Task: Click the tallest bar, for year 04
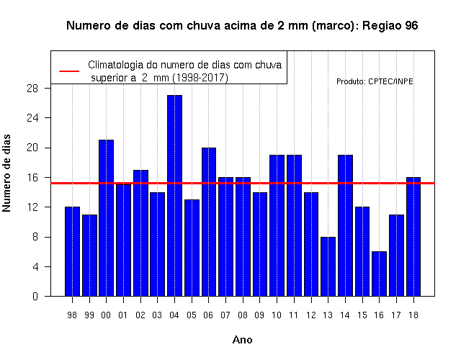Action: click(174, 195)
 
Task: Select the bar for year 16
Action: click(380, 274)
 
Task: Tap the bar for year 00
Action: click(106, 217)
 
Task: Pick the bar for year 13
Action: click(328, 266)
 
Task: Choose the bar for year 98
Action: click(72, 251)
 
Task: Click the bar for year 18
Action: click(413, 237)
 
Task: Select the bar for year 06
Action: click(209, 222)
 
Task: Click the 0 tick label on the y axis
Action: click(35, 296)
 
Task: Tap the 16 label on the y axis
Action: click(32, 178)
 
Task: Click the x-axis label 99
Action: click(89, 315)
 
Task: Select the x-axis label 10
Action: click(277, 315)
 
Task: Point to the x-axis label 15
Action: click(362, 315)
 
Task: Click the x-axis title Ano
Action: click(243, 340)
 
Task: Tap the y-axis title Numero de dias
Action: click(6, 173)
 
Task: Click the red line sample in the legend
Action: click(69, 71)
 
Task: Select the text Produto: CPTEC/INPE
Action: click(375, 81)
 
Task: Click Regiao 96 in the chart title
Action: click(390, 26)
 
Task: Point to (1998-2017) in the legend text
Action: click(200, 78)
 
